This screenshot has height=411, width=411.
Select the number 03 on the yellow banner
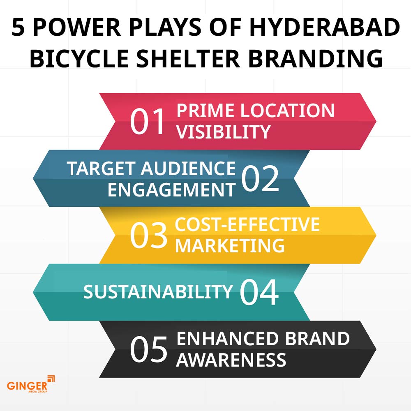point(148,236)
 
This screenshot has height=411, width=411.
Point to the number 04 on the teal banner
point(259,292)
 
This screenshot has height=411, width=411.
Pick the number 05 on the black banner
point(148,349)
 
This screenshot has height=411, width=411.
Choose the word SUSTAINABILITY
point(158,292)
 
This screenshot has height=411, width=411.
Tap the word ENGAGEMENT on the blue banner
point(171,190)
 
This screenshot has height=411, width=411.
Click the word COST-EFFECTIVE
point(247,224)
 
